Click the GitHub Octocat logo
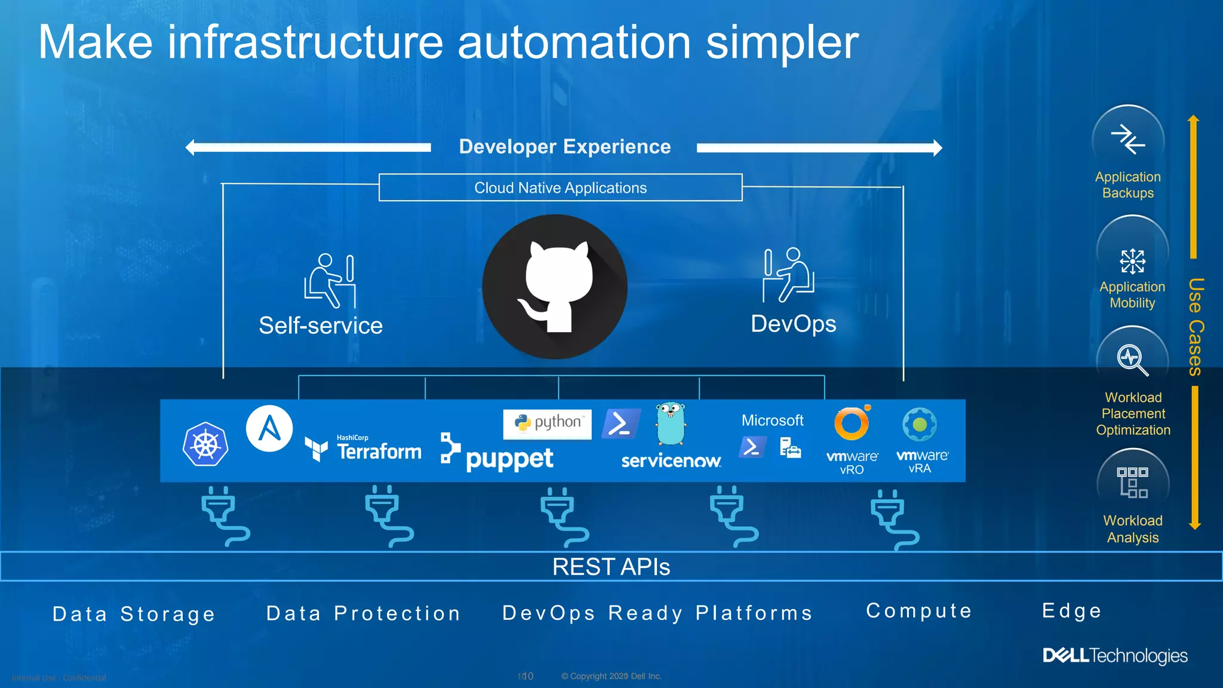(x=555, y=287)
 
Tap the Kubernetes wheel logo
(x=205, y=445)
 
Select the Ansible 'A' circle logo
(x=269, y=428)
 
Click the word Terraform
(x=379, y=451)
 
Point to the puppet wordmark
(x=509, y=459)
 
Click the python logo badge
(x=548, y=423)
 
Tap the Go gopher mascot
(x=671, y=423)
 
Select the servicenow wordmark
(x=671, y=461)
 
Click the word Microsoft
(x=772, y=420)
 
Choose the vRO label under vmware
(x=852, y=470)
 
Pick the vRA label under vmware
(x=920, y=469)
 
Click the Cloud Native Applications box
(x=560, y=188)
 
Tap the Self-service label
(x=321, y=325)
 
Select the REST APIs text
(x=611, y=567)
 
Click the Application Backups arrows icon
(x=1127, y=139)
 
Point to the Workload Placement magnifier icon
(x=1132, y=360)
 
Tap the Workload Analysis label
(x=1133, y=529)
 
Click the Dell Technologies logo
(x=1115, y=656)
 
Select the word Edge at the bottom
(x=1072, y=611)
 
